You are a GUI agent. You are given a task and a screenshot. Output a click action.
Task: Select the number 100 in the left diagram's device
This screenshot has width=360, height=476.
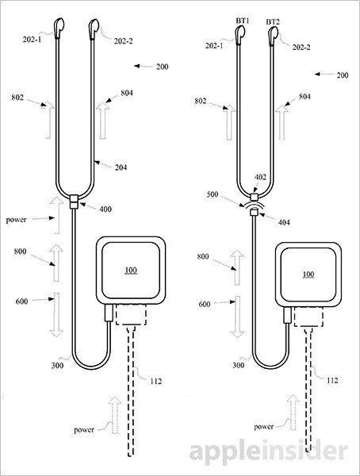point(131,271)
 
